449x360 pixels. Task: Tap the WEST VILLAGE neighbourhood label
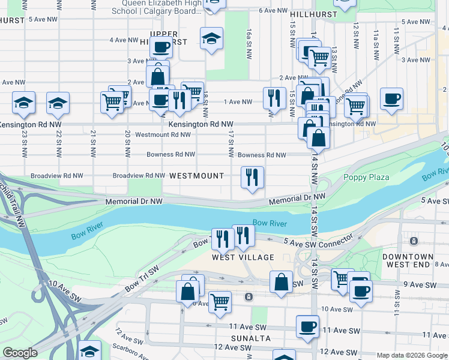pos(243,257)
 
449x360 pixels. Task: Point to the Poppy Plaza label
pos(366,177)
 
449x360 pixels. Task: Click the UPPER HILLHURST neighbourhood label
pos(169,37)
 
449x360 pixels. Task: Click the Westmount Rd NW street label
pos(163,134)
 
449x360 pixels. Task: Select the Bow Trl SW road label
pos(141,280)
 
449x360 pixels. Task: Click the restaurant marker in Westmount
pos(252,177)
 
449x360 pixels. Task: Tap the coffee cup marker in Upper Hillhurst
pos(161,47)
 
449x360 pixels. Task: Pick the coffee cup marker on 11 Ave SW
pos(307,326)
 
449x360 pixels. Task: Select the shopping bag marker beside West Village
pos(281,281)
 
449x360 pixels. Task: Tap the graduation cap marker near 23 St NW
pos(23,103)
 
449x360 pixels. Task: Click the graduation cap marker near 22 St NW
pos(58,103)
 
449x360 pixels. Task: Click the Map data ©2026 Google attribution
pos(412,355)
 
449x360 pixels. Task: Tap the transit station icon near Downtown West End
pos(414,241)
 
